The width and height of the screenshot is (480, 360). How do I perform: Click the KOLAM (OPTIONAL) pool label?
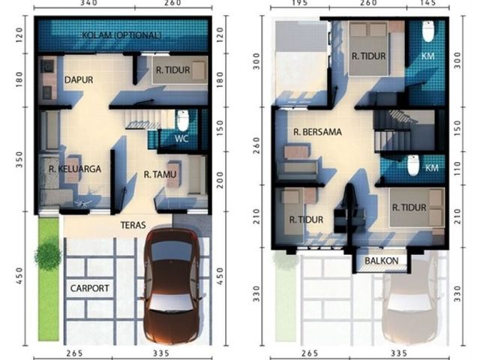121,35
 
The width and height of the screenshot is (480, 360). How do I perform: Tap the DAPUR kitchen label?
79,79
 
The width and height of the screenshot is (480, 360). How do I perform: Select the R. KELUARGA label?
75,169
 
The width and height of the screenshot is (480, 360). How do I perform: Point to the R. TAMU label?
160,175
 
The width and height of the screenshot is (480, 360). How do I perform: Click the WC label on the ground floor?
181,138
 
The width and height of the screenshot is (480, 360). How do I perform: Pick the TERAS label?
133,225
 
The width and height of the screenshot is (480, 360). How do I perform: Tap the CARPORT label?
90,288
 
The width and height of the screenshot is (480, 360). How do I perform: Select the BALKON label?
382,260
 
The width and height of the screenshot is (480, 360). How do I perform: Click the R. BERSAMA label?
317,132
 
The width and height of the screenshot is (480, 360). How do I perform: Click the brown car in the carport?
172,286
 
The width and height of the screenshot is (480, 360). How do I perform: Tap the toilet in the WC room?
183,121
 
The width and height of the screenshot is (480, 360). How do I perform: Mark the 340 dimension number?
88,3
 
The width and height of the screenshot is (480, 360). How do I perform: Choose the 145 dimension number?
427,3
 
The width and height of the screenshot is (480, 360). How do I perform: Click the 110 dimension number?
457,168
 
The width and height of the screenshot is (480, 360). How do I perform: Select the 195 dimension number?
299,3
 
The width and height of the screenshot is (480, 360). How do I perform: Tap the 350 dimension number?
19,159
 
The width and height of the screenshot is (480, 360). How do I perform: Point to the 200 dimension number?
220,180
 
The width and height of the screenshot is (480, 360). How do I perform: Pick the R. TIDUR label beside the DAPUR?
173,70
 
